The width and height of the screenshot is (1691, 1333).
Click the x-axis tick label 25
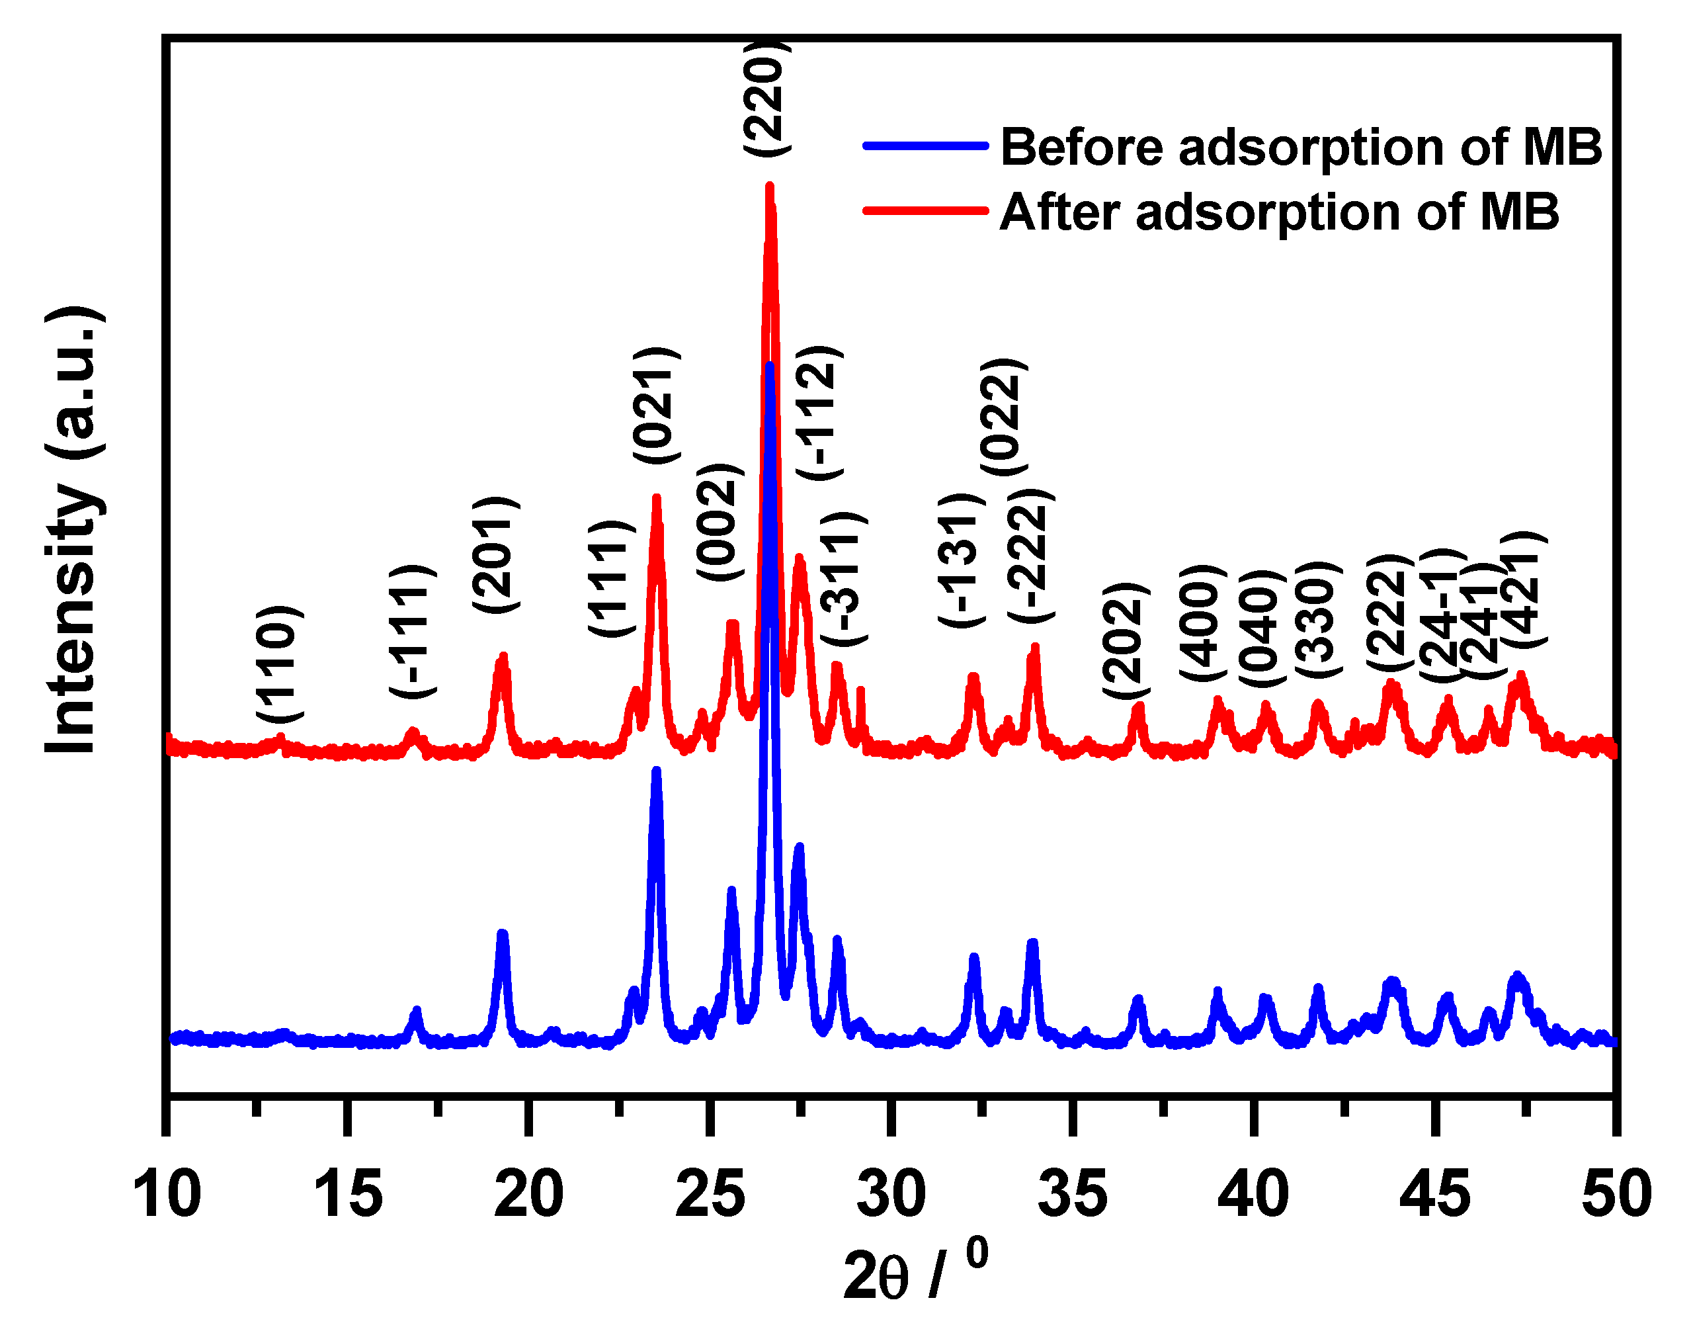(x=709, y=1195)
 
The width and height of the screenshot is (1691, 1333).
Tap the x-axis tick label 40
(x=1253, y=1195)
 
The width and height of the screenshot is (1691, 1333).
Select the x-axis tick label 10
(x=166, y=1195)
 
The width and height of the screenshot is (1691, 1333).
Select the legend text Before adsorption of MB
(x=1301, y=147)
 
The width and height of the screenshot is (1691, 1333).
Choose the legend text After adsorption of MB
(x=1279, y=212)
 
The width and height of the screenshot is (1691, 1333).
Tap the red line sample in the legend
(x=925, y=211)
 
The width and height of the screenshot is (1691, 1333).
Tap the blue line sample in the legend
(x=925, y=145)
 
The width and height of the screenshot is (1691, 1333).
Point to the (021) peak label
(x=655, y=406)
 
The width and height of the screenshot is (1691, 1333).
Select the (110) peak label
(x=278, y=664)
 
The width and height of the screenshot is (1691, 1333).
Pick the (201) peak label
(x=495, y=554)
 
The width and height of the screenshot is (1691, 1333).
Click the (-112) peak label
(x=818, y=412)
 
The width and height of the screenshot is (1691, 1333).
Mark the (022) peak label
(x=1003, y=417)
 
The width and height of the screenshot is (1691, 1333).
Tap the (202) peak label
(x=1125, y=640)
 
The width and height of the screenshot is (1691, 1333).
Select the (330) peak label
(x=1317, y=619)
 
